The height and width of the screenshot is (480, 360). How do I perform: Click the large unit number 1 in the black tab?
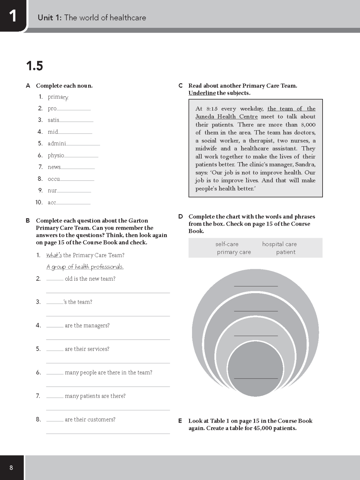12,16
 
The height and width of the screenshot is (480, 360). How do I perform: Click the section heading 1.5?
34,66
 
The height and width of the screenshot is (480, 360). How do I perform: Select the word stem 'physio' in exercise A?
56,156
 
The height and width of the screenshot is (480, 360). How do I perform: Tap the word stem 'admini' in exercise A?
57,144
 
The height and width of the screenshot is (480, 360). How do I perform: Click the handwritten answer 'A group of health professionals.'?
85,267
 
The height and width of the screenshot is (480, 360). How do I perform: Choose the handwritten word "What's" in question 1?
54,255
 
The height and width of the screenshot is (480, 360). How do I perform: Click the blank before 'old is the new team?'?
55,279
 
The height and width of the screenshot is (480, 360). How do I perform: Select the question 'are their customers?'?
90,420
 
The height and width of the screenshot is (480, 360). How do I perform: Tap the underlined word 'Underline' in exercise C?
202,93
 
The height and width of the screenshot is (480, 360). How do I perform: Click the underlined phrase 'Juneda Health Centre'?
227,117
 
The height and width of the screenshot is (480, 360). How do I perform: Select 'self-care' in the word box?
227,244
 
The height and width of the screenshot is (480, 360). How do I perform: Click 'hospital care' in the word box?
279,244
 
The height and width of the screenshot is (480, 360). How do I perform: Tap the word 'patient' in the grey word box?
286,252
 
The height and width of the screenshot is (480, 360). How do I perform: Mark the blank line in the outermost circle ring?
256,285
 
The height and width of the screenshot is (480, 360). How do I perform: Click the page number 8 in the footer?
11,468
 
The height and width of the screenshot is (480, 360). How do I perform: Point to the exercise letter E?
180,421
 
